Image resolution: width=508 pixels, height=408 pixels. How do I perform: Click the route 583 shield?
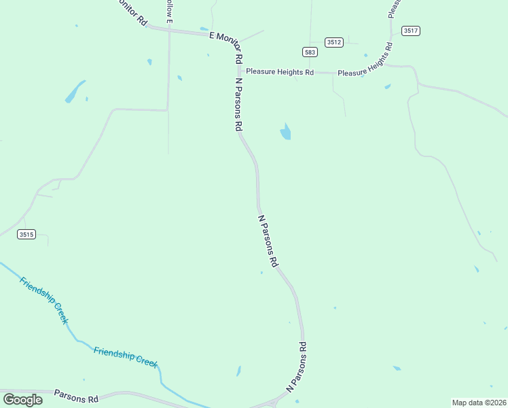click(310, 52)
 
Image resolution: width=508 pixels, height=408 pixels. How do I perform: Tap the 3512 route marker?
click(333, 42)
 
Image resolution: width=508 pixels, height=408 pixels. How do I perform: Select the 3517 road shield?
click(410, 31)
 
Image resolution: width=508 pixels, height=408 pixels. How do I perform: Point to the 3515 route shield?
click(26, 235)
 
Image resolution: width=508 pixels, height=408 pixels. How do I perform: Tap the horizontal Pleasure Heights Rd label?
click(280, 71)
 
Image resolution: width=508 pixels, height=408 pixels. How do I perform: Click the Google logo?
click(22, 399)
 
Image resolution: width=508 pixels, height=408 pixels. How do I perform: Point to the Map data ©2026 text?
click(479, 403)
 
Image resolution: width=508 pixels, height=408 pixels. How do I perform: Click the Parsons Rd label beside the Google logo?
click(76, 396)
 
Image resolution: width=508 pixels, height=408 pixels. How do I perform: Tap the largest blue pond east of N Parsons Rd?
click(286, 131)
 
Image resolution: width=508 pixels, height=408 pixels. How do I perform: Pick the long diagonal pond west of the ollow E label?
click(75, 92)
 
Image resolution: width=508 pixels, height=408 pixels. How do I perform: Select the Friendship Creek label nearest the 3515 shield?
click(44, 300)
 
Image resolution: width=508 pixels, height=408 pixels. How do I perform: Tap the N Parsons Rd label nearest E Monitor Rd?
click(238, 104)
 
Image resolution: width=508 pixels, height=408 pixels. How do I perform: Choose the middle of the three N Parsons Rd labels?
click(268, 241)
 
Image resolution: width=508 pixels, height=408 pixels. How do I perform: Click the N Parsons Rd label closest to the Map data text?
click(297, 367)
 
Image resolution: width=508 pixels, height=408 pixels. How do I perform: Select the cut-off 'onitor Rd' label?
click(132, 12)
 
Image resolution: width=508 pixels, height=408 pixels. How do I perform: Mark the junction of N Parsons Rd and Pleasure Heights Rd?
click(239, 71)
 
